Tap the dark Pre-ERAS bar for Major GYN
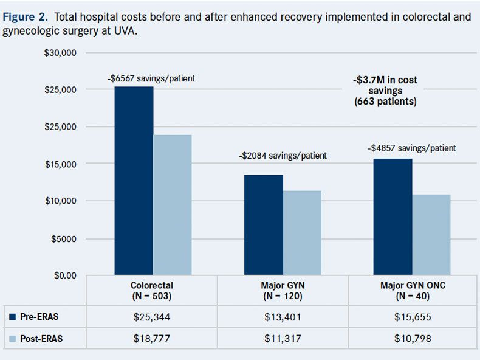(x=264, y=225)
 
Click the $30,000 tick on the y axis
(x=59, y=52)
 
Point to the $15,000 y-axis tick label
(x=59, y=164)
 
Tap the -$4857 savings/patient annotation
(x=411, y=148)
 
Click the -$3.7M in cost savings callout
(x=385, y=91)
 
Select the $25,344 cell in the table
(x=153, y=317)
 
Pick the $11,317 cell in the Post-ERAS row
(x=283, y=338)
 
